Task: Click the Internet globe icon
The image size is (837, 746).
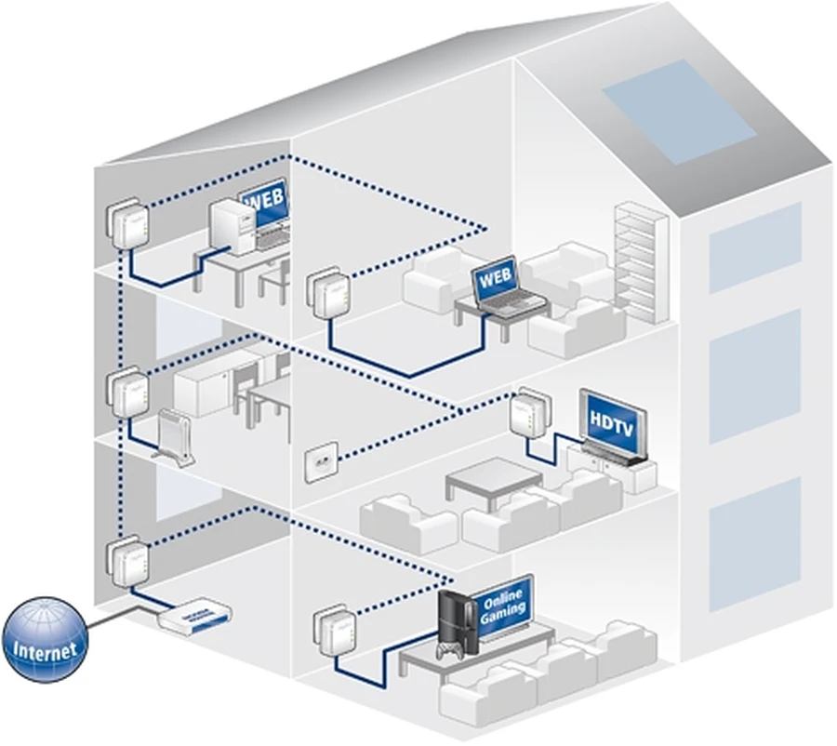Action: (46, 641)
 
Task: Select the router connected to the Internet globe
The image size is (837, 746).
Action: (194, 616)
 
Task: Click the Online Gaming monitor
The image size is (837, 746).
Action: (502, 606)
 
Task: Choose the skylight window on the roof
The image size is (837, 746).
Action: (678, 111)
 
